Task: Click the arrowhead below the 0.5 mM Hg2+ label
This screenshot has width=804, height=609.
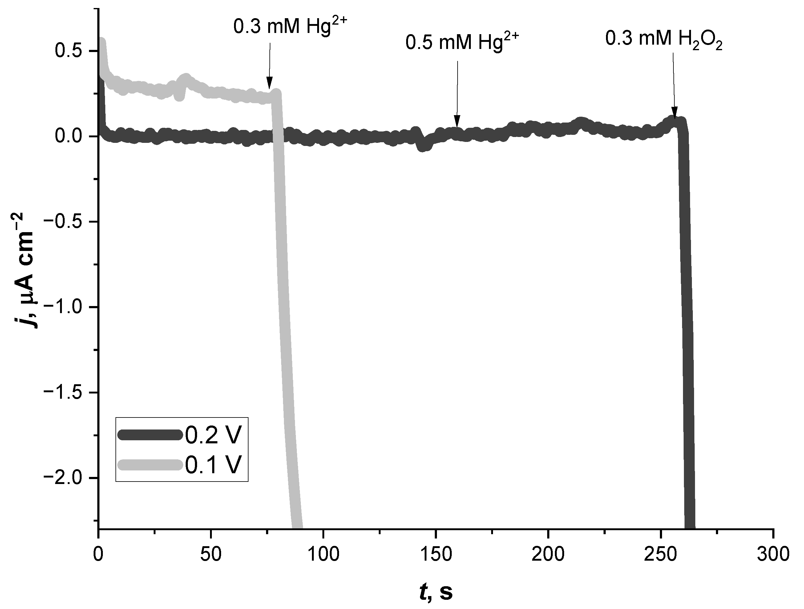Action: [457, 121]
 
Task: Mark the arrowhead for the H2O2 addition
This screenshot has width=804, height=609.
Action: [675, 113]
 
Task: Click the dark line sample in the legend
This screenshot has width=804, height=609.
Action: [150, 435]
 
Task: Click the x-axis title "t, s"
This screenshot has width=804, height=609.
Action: [436, 592]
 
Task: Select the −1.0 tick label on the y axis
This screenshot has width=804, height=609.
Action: [66, 307]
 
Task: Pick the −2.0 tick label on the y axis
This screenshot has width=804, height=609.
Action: [66, 478]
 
